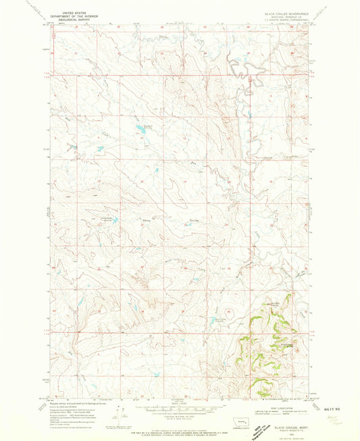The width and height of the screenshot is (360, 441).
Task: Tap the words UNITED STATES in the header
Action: (76, 11)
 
